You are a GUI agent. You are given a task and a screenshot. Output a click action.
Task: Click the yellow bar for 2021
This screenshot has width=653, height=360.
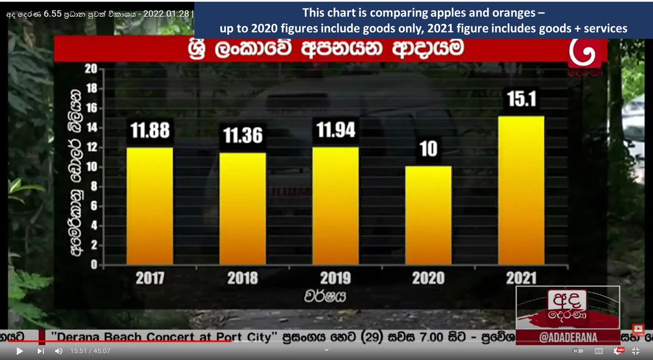point(521,190)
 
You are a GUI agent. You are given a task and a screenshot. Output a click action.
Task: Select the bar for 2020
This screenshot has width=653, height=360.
point(429,215)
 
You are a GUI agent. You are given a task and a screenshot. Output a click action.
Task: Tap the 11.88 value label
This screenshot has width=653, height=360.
point(150,131)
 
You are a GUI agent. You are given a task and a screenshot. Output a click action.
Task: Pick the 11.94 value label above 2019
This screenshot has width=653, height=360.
point(336,131)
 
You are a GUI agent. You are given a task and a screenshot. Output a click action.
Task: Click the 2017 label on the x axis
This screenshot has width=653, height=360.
point(150,278)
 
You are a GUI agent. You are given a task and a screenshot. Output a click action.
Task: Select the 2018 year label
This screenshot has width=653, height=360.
point(243,278)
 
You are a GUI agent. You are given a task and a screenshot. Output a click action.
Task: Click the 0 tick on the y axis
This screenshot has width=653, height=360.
point(94,265)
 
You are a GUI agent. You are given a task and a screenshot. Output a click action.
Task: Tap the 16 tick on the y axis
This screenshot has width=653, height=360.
point(90,108)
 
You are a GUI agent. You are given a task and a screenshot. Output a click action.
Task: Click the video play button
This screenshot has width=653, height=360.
point(20,351)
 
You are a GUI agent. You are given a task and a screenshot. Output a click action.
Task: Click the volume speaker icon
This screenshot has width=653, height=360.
point(59,351)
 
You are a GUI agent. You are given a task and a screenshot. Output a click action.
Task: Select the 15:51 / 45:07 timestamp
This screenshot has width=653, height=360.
point(90,351)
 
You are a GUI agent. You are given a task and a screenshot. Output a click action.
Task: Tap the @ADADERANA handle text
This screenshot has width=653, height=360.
point(568,337)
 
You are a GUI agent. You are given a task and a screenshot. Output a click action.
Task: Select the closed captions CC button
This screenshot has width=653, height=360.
point(599,351)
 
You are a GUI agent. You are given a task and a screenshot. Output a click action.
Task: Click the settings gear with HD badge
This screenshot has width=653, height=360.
point(617,351)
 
